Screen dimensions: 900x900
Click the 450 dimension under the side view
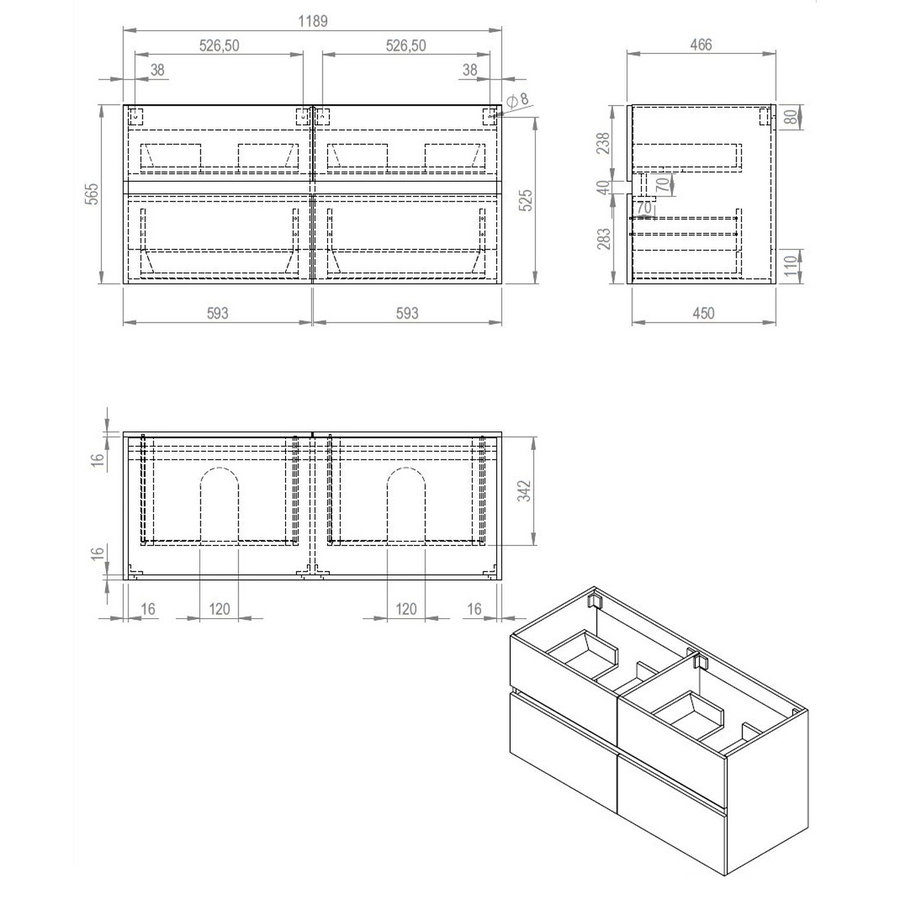pos(703,313)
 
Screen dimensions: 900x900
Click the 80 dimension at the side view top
pos(791,117)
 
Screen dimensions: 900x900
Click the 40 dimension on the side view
pos(603,187)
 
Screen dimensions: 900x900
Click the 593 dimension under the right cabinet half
pos(406,313)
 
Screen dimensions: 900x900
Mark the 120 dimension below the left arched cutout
pos(219,608)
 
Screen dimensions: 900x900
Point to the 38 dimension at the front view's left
pos(158,70)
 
